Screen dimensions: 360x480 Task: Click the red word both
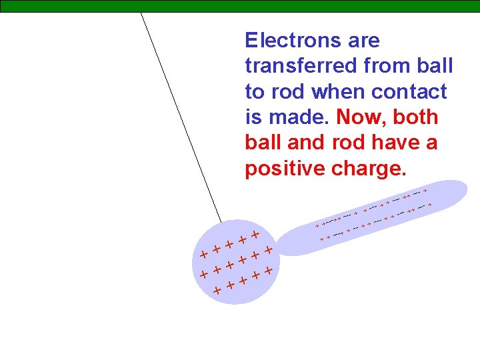pos(415,117)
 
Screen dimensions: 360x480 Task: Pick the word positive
pos(285,169)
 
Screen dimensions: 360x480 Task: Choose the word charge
pos(368,169)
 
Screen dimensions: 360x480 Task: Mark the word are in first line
pos(364,41)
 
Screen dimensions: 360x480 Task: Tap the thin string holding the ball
pos(180,113)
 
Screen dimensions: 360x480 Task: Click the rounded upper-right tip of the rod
pos(460,189)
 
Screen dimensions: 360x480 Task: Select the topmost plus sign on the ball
pos(254,235)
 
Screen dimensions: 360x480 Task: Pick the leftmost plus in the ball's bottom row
pos(217,291)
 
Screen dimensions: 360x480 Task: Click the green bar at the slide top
pos(240,6)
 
